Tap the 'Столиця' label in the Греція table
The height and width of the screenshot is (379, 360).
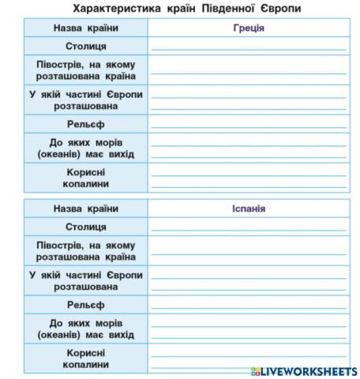(x=86, y=47)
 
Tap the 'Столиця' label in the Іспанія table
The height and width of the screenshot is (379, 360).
(x=86, y=227)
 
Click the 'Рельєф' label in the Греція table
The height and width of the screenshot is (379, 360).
(x=86, y=125)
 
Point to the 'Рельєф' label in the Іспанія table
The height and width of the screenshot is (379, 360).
(x=86, y=305)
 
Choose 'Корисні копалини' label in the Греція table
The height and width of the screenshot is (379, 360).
(x=86, y=178)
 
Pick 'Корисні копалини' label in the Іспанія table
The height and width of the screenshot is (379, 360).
(x=86, y=358)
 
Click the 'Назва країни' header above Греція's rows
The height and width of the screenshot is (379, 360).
(x=86, y=28)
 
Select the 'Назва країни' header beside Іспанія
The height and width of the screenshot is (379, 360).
(x=86, y=209)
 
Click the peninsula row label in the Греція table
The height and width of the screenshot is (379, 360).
(x=86, y=69)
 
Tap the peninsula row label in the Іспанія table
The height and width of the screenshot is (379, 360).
(x=86, y=250)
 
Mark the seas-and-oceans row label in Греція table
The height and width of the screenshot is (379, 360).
(x=86, y=148)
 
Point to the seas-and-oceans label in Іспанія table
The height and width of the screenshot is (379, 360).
(x=86, y=328)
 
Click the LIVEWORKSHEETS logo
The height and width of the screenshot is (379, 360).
(x=303, y=370)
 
